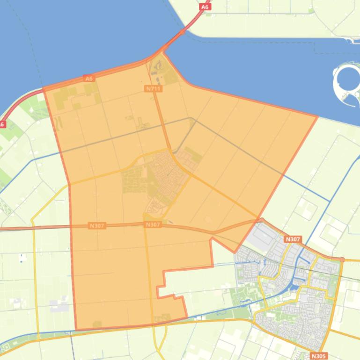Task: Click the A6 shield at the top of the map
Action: click(205, 7)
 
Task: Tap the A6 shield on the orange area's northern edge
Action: click(89, 79)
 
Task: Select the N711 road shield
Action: click(153, 88)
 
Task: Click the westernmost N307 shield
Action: click(97, 226)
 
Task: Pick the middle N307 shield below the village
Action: click(153, 225)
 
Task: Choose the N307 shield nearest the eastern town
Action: click(293, 239)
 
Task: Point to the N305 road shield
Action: click(319, 356)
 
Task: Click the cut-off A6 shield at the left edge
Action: click(2, 124)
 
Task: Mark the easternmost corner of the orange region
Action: click(317, 116)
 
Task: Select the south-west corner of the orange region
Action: click(76, 329)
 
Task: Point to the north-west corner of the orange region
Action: click(44, 88)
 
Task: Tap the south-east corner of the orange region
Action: click(187, 317)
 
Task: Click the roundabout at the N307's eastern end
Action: click(342, 259)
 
